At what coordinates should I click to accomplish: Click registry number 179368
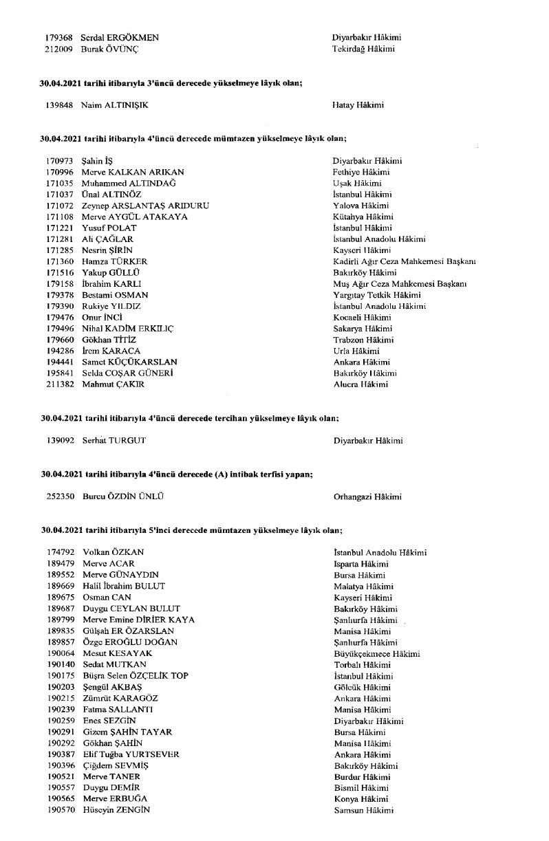pyautogui.click(x=59, y=38)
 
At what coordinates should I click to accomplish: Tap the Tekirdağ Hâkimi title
pyautogui.click(x=364, y=49)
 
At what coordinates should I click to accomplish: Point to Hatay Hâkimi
pyautogui.click(x=358, y=105)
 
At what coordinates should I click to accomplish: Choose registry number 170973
pyautogui.click(x=60, y=161)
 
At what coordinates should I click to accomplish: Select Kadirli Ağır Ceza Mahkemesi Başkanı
pyautogui.click(x=405, y=261)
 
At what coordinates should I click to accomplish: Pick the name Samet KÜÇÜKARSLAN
pyautogui.click(x=129, y=362)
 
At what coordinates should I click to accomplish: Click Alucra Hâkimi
pyautogui.click(x=360, y=384)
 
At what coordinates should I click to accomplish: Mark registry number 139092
pyautogui.click(x=60, y=440)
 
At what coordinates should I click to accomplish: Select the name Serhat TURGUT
pyautogui.click(x=114, y=440)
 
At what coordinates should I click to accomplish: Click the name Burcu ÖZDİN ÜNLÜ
pyautogui.click(x=123, y=496)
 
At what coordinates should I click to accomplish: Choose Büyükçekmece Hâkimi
pyautogui.click(x=376, y=653)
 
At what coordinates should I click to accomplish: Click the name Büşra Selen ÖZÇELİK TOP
pyautogui.click(x=136, y=676)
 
